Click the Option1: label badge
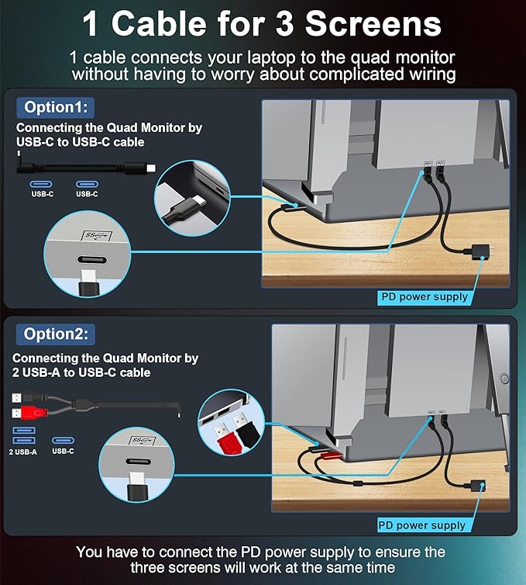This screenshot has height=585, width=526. click(x=56, y=107)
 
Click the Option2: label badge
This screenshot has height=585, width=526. click(x=56, y=334)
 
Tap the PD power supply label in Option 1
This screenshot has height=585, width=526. click(x=425, y=297)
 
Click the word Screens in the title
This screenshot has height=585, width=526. click(x=373, y=23)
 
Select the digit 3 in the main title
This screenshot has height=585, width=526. click(x=285, y=23)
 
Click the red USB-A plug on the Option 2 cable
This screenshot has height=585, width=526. click(x=29, y=413)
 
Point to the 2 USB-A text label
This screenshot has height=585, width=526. click(x=22, y=452)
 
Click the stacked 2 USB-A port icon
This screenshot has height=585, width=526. click(x=24, y=435)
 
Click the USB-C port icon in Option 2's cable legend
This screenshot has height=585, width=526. click(x=63, y=440)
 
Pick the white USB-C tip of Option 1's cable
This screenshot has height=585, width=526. click(x=151, y=168)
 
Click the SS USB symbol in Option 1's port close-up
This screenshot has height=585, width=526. click(x=97, y=235)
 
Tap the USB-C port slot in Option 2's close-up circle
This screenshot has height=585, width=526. click(x=139, y=462)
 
